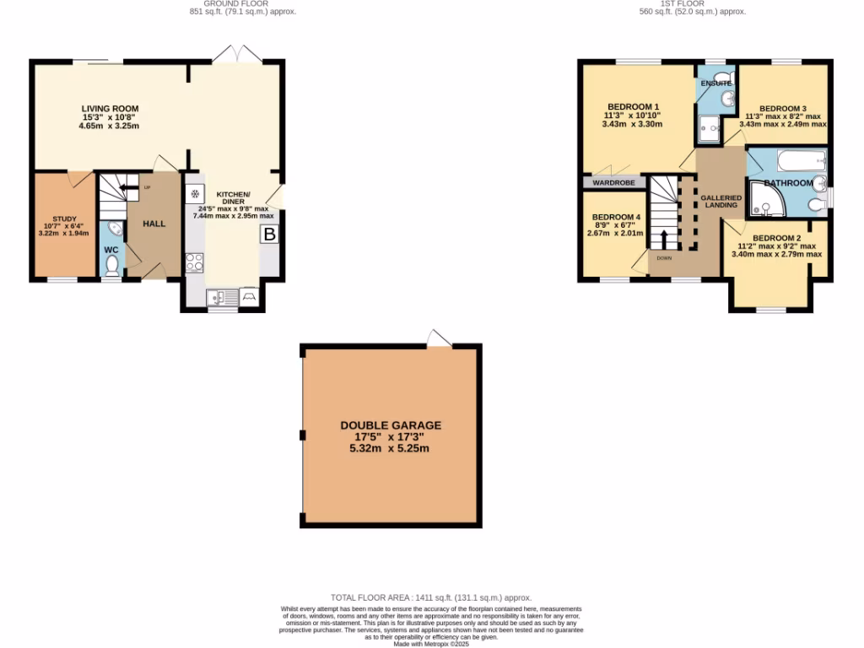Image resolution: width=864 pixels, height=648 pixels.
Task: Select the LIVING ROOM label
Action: (110, 109)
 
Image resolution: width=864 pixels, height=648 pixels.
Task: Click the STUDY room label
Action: (64, 219)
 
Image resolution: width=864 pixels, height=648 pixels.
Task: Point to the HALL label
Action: (154, 224)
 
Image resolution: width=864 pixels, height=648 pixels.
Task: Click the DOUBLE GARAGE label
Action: (391, 426)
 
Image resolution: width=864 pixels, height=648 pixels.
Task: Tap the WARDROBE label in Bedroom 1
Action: (614, 182)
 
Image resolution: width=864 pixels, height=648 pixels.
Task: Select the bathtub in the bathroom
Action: (786, 160)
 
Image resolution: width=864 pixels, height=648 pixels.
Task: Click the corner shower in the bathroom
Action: (764, 200)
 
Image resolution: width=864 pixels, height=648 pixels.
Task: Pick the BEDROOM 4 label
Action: (617, 217)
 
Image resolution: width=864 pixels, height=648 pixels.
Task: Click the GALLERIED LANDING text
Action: (721, 201)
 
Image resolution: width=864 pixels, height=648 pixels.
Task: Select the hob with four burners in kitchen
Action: (194, 262)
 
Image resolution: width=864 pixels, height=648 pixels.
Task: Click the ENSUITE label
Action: (715, 84)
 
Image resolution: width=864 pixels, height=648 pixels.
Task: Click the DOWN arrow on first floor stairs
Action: (664, 239)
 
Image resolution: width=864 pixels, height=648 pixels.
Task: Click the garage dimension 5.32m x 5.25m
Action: (391, 448)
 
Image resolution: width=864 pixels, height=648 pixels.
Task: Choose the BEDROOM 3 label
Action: (783, 109)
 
